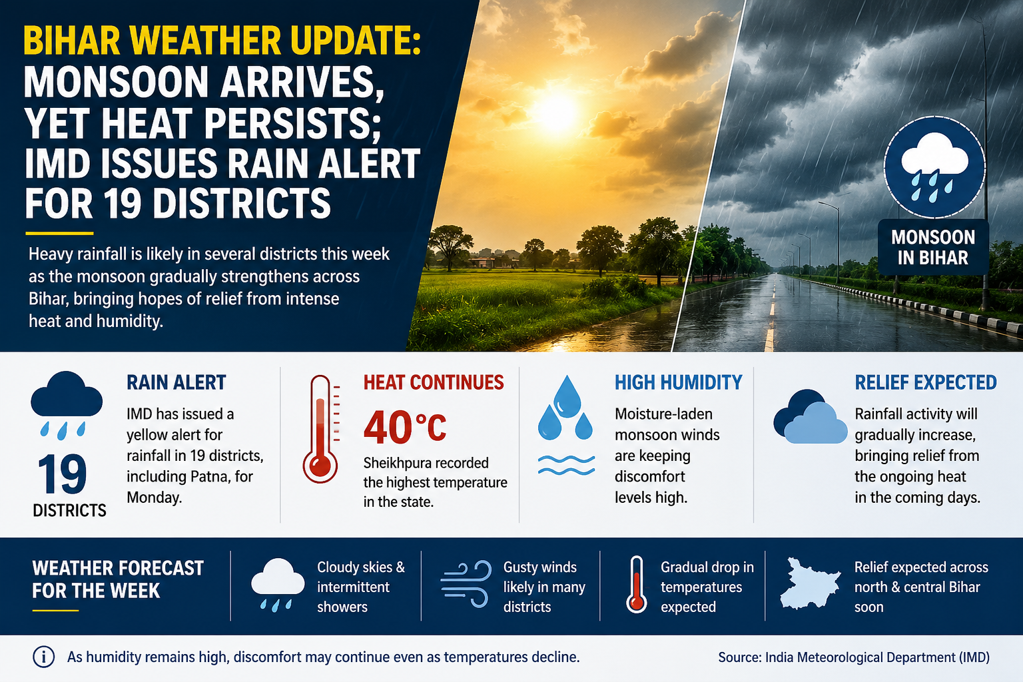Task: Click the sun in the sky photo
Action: point(556,111)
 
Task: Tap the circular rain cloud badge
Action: point(934,167)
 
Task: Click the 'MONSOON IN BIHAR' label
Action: point(933,247)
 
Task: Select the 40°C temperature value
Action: point(405,427)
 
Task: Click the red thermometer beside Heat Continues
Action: point(321,429)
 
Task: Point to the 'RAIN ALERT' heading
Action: point(176,382)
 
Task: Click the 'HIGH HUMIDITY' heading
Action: point(678,382)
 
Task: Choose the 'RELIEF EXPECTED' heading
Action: point(926,382)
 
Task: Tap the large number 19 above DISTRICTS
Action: point(63,474)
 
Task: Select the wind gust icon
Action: point(466,584)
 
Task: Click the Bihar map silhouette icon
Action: point(810,584)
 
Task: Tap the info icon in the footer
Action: point(44,657)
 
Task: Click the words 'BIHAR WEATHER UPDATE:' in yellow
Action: point(222,41)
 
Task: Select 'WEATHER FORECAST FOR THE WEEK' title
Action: point(118,579)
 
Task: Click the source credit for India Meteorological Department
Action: point(854,657)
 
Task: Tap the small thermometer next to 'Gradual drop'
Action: point(637,584)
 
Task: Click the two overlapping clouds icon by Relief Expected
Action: point(810,416)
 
